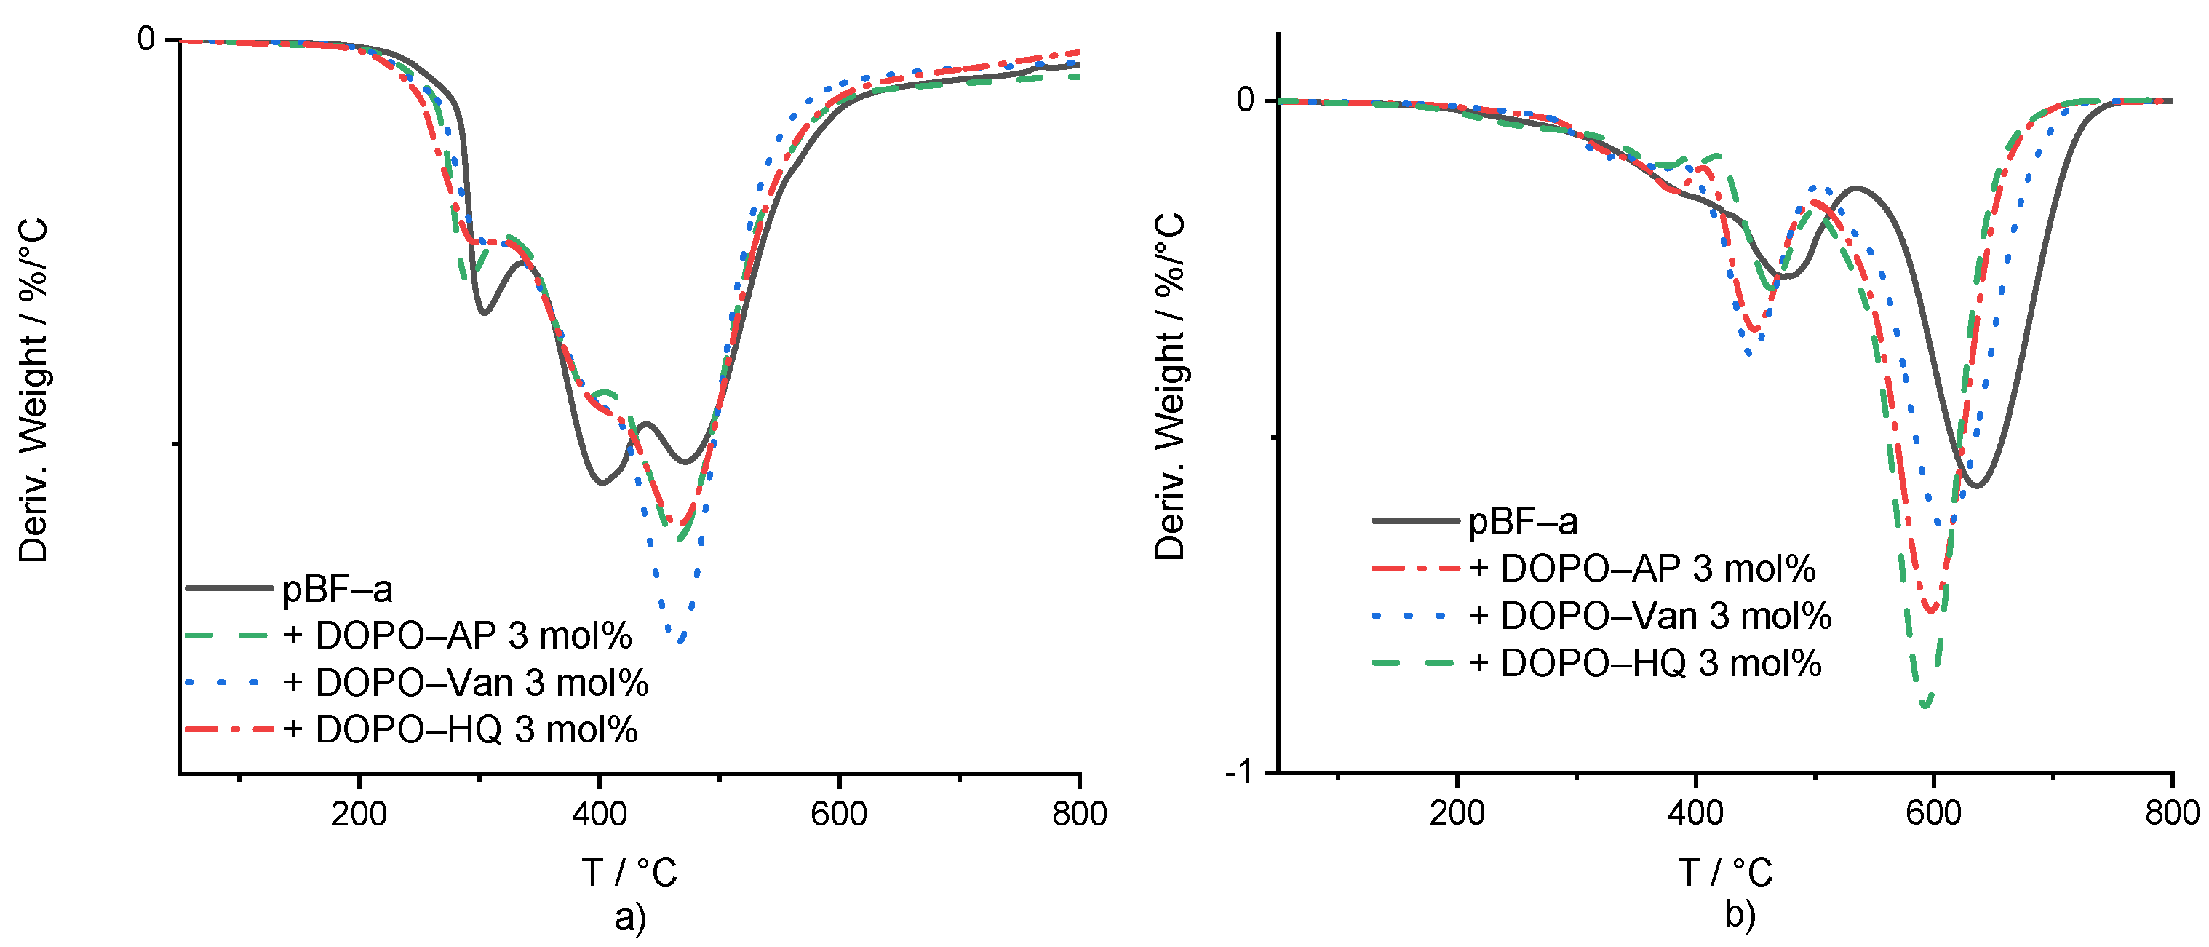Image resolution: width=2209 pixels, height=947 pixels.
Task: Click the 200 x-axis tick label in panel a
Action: pos(359,813)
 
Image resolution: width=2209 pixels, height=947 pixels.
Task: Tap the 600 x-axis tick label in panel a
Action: pos(839,813)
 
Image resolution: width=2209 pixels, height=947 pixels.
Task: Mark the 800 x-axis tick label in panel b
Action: pos(2171,812)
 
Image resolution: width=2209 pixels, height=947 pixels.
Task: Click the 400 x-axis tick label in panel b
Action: pos(1695,812)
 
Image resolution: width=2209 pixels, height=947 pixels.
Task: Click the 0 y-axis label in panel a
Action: pos(147,39)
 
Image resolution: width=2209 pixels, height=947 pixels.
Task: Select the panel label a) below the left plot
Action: pos(630,917)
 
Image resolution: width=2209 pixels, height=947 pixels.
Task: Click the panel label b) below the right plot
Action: pos(1740,914)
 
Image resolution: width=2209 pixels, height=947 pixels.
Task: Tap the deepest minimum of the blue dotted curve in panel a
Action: pos(681,640)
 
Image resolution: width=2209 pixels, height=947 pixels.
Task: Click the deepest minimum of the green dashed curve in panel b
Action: pos(1926,705)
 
